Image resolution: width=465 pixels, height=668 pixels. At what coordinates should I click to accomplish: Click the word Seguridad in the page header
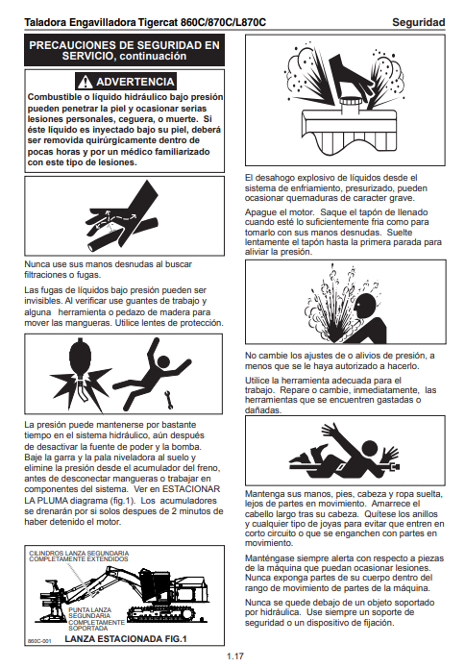pyautogui.click(x=418, y=22)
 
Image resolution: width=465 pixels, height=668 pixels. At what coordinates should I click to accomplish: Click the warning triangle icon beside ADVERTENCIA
pyautogui.click(x=86, y=82)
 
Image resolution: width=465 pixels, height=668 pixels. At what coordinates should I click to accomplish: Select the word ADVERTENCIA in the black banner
pyautogui.click(x=135, y=82)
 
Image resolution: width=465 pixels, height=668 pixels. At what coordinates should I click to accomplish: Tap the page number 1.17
pyautogui.click(x=234, y=656)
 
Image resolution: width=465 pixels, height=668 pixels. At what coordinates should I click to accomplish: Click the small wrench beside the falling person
pyautogui.click(x=169, y=400)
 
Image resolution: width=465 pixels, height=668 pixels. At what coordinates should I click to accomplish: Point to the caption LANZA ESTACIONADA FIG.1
pyautogui.click(x=126, y=638)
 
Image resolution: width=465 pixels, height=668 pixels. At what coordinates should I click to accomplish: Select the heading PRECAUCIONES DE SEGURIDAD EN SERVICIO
pyautogui.click(x=124, y=50)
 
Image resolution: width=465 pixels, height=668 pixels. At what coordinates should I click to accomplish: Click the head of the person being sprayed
pyautogui.click(x=364, y=306)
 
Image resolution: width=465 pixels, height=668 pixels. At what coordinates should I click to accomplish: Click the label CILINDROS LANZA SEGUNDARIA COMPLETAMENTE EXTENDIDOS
pyautogui.click(x=79, y=556)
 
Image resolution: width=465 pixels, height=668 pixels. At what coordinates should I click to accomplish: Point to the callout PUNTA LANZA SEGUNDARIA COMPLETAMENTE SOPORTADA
pyautogui.click(x=96, y=619)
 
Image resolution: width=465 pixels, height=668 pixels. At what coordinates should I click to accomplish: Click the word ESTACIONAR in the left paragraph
pyautogui.click(x=191, y=489)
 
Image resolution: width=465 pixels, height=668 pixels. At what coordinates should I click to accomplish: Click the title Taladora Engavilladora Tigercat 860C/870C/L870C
pyautogui.click(x=145, y=22)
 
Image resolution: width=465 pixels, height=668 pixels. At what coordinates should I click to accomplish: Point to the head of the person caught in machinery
pyautogui.click(x=369, y=449)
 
